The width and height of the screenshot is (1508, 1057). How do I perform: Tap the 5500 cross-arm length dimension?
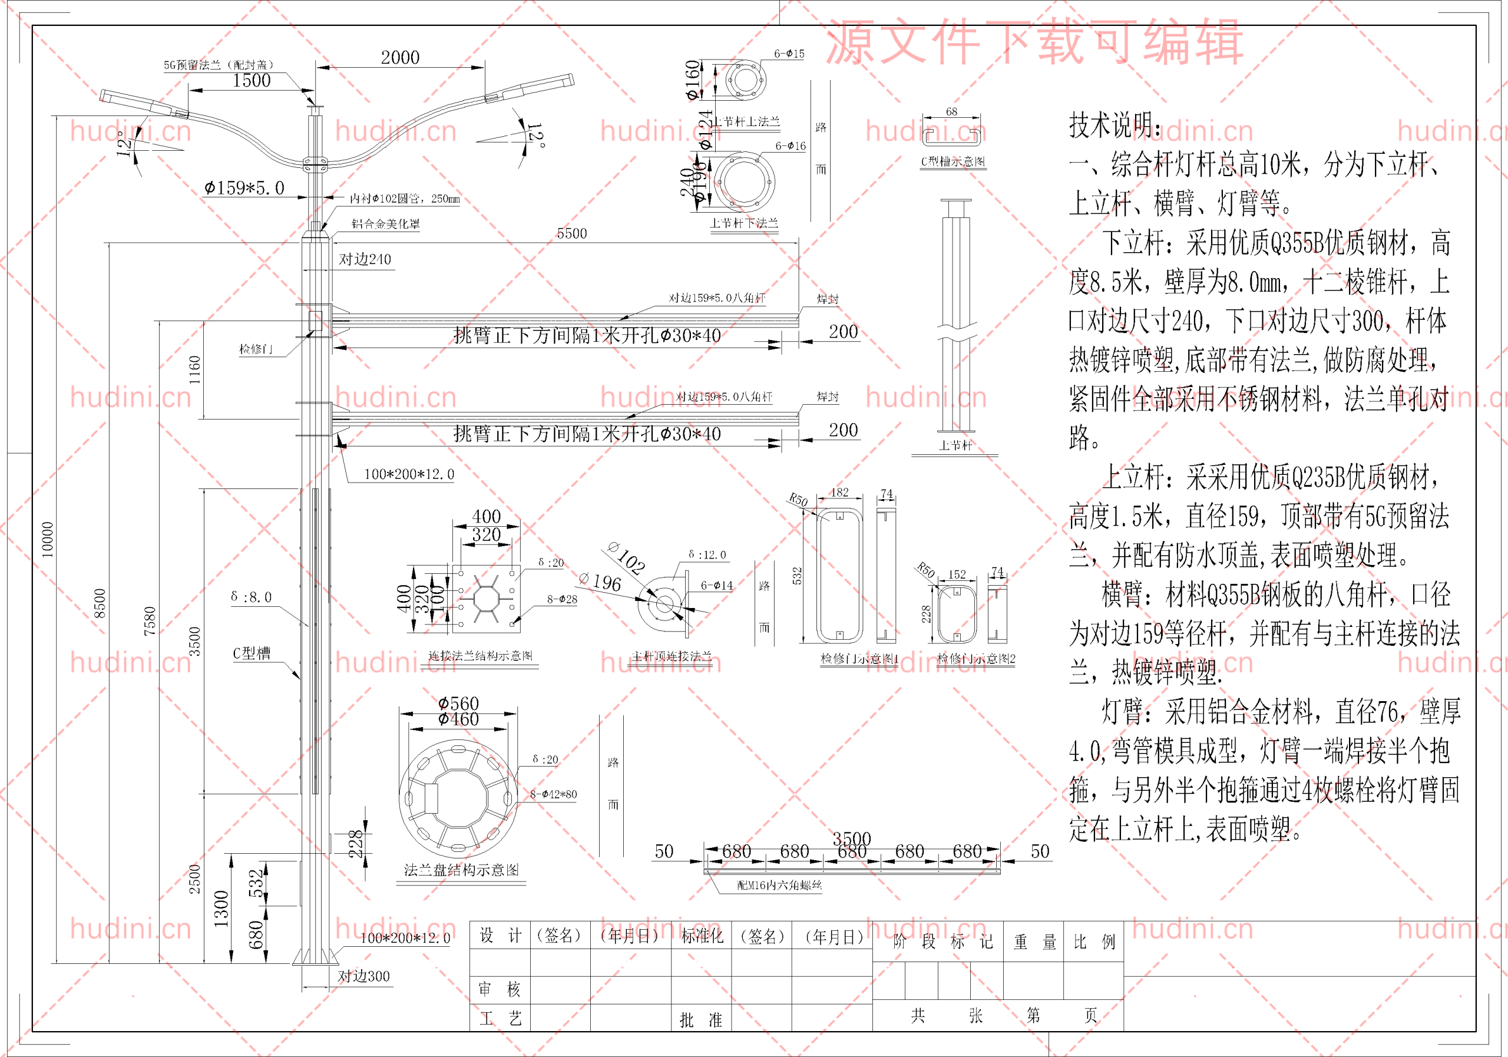pos(571,233)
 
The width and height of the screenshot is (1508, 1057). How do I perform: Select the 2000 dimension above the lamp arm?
pos(400,58)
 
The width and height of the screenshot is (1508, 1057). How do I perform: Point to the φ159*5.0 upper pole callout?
pos(244,188)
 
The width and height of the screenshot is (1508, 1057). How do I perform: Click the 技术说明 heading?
pos(1114,125)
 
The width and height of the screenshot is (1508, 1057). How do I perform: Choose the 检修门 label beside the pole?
pos(256,349)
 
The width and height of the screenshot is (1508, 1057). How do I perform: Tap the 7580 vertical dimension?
pos(150,620)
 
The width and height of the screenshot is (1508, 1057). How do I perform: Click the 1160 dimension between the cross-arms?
pos(194,370)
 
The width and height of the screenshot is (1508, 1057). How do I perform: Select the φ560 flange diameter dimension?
pos(458,703)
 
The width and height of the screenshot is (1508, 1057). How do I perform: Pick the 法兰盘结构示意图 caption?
pos(461,870)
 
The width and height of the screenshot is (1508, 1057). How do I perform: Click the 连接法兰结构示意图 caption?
pos(480,656)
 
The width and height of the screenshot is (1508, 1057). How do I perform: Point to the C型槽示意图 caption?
pos(953,161)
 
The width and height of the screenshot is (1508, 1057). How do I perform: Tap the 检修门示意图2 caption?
pos(975,658)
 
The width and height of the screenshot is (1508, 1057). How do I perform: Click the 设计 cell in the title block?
pos(500,936)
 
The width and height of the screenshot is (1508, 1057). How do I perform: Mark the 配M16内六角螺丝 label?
pos(779,885)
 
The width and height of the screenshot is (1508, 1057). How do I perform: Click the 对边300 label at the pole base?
pos(363,976)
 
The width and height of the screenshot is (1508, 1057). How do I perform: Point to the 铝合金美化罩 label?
pos(385,223)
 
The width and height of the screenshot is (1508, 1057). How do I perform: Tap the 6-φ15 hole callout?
pos(789,54)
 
